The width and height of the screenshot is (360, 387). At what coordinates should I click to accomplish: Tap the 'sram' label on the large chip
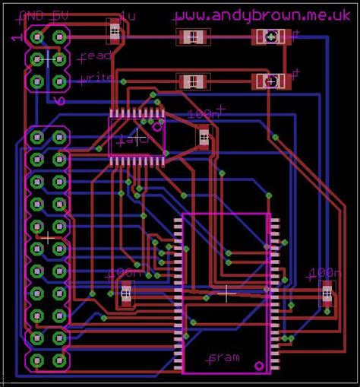coord(224,357)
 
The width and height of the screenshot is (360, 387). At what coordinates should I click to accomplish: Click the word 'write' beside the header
coord(96,78)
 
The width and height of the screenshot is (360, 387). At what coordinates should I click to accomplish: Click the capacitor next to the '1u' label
coord(115,33)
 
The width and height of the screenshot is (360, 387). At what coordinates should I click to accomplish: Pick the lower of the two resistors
coord(192,81)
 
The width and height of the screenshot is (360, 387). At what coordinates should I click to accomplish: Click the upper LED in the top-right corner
coord(270,36)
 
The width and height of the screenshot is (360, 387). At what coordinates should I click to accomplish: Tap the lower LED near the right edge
coord(270,81)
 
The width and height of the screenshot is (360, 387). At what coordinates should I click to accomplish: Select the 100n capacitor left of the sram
coord(126,293)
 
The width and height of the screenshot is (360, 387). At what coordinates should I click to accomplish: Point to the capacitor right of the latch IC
coord(203,137)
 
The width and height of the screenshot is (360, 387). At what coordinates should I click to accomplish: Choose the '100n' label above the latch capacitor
coord(204,114)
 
